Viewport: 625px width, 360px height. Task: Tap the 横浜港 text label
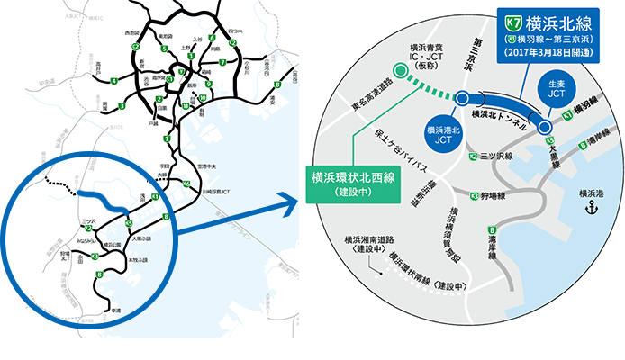(x=592, y=193)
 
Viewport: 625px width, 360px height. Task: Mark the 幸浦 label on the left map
(x=114, y=310)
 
